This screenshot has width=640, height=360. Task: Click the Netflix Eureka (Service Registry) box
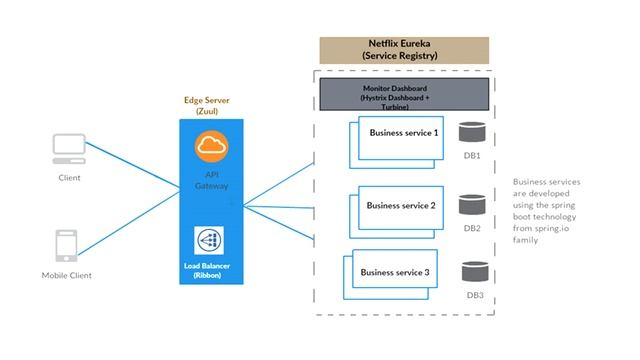tap(404, 51)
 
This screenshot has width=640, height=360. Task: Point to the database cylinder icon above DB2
tap(471, 205)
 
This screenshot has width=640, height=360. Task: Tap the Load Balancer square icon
tap(212, 241)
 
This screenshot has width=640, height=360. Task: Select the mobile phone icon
tap(68, 246)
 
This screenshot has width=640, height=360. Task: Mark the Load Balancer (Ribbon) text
tap(212, 269)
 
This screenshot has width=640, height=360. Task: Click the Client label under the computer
tap(69, 178)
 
